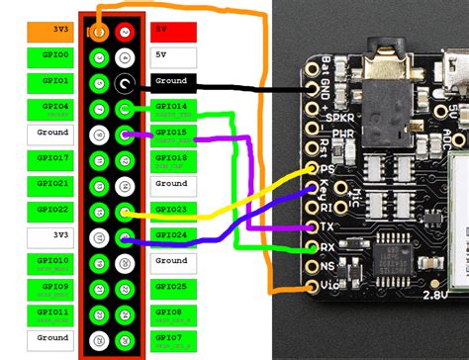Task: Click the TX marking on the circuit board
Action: point(327,225)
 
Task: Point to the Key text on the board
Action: point(328,185)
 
